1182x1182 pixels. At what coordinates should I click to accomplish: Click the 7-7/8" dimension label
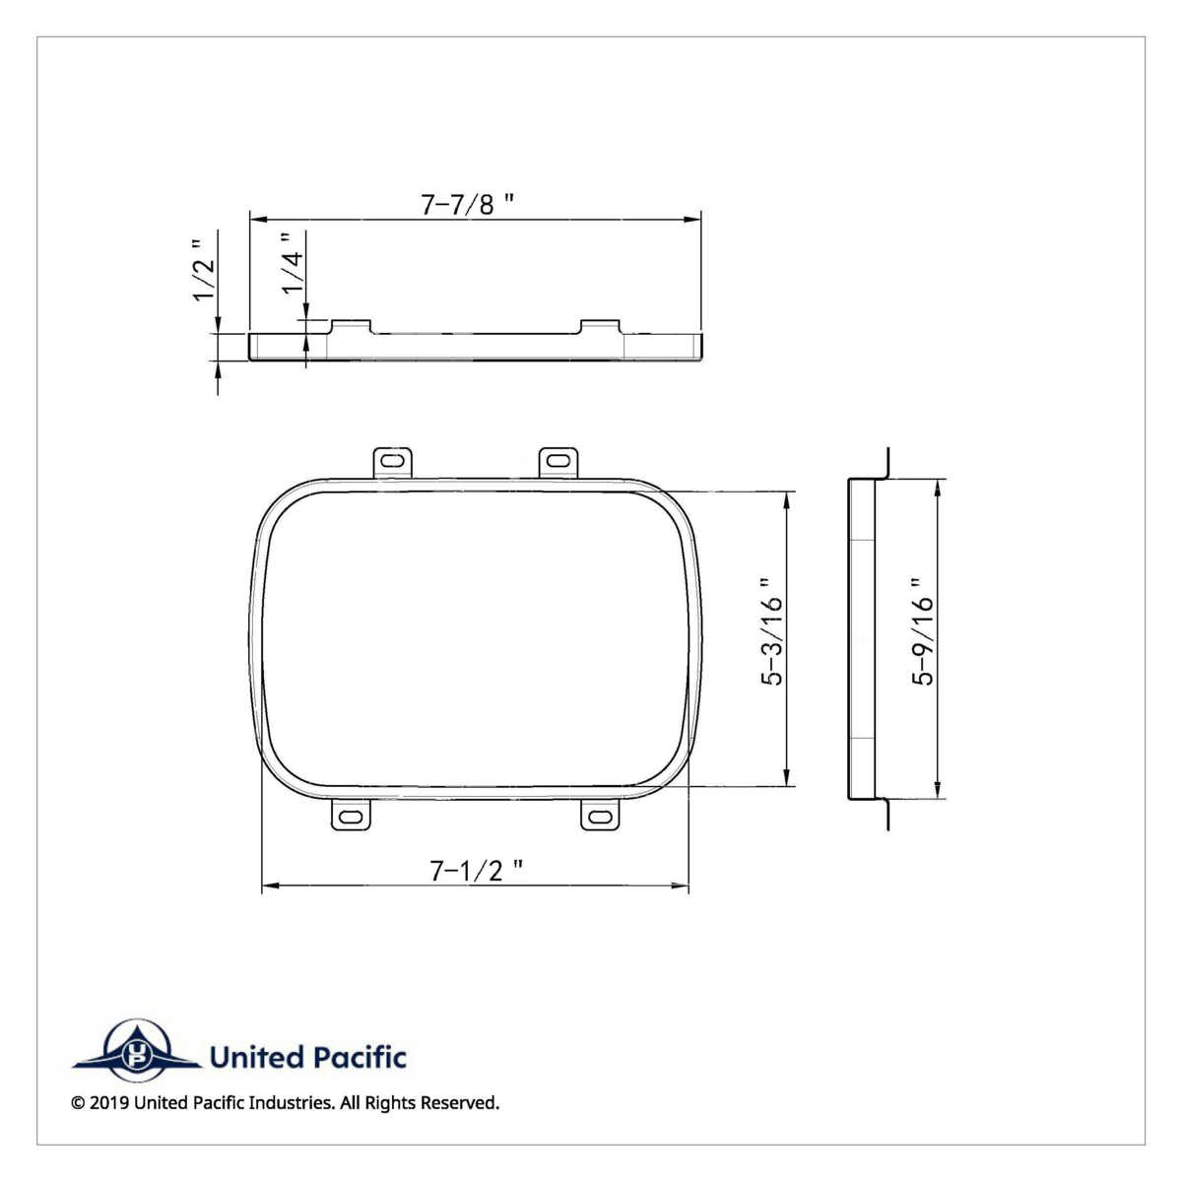pyautogui.click(x=469, y=204)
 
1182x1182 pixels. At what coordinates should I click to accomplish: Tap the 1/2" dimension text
pyautogui.click(x=203, y=269)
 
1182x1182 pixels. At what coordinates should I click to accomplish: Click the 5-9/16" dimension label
pyautogui.click(x=922, y=631)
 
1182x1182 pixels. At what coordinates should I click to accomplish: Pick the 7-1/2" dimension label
pyautogui.click(x=476, y=870)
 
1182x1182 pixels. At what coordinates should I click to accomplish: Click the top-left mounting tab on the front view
pyautogui.click(x=393, y=461)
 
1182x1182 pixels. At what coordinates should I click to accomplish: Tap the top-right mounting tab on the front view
pyautogui.click(x=558, y=461)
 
